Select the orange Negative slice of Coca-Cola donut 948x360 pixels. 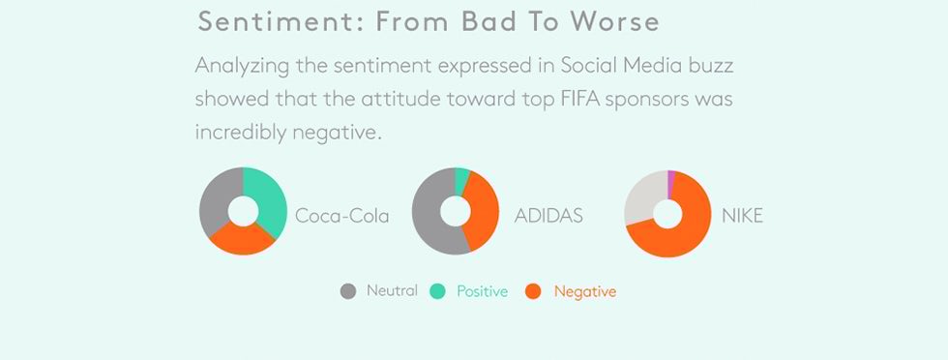(x=240, y=239)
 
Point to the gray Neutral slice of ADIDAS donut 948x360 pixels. (x=430, y=218)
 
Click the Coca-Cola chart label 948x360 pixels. (x=341, y=216)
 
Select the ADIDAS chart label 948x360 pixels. (x=548, y=215)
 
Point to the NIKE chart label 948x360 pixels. (x=742, y=215)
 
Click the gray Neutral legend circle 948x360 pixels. (x=349, y=291)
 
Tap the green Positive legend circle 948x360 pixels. (x=438, y=291)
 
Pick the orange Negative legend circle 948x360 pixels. (x=532, y=291)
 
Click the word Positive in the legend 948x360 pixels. (x=482, y=291)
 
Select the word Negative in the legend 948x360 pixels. (x=584, y=291)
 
